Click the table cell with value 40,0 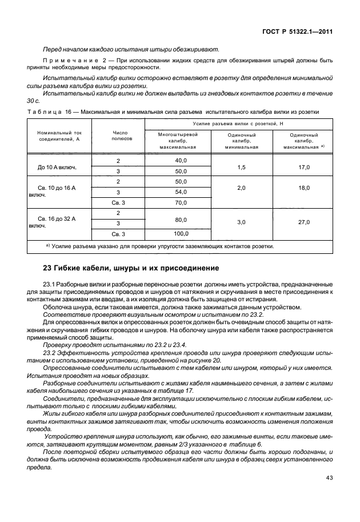[x=181, y=161]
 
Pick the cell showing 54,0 [x=181, y=192]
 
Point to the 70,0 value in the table [x=181, y=202]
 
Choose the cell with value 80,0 [x=181, y=218]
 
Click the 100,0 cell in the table [x=181, y=233]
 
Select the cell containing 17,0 [x=304, y=166]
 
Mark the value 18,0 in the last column [x=304, y=187]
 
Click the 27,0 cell [x=304, y=222]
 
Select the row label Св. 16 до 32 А [x=58, y=218]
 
